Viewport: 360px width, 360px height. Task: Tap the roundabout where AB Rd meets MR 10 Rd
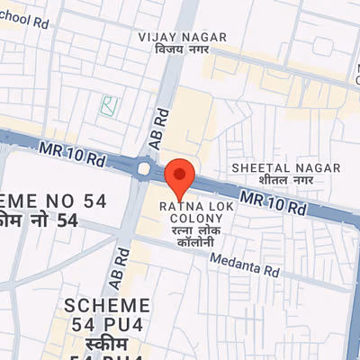tap(145, 166)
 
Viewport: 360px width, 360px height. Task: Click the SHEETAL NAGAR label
tap(286, 167)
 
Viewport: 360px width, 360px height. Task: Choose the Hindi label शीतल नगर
tap(286, 180)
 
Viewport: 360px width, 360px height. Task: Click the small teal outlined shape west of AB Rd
tap(109, 105)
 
